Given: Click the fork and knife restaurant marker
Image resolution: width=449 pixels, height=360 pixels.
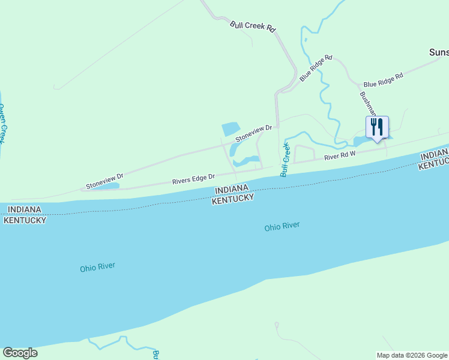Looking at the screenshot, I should click(377, 127).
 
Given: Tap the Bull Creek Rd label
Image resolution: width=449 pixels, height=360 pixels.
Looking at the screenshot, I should click(253, 27).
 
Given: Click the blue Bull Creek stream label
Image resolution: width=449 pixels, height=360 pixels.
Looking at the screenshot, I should click(285, 159).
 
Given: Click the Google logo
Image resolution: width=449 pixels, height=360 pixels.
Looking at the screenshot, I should click(20, 353).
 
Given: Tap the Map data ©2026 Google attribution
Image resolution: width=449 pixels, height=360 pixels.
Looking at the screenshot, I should click(412, 355).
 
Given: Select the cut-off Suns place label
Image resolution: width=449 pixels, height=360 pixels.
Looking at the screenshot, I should click(439, 52).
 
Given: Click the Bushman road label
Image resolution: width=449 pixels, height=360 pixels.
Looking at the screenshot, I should click(367, 103).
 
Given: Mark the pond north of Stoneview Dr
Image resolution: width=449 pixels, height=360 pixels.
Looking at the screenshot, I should click(231, 128).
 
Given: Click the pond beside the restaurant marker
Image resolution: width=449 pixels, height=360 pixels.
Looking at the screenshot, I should click(364, 141).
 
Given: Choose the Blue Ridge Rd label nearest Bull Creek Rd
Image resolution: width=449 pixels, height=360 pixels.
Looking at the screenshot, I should click(316, 68).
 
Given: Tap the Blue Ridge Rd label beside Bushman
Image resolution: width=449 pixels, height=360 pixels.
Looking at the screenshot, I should click(383, 77).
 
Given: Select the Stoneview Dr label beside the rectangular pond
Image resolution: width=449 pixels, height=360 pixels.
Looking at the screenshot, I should click(254, 133).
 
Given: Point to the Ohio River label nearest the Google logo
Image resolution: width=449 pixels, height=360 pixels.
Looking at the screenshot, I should click(97, 267).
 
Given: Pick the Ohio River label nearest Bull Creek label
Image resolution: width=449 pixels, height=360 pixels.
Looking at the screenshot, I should click(282, 227).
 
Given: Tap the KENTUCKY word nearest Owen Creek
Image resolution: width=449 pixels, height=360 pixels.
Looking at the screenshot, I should click(25, 220).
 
